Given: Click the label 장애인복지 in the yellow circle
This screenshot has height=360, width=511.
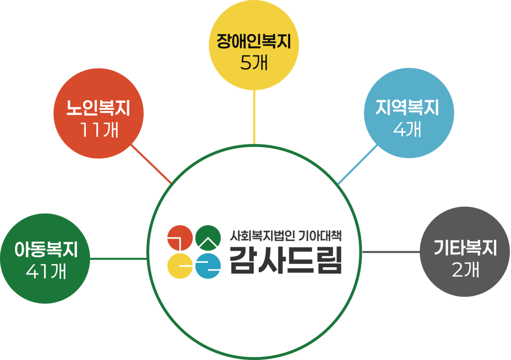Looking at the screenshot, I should pyautogui.click(x=254, y=42).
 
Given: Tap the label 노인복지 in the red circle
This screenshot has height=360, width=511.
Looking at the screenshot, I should pyautogui.click(x=98, y=109).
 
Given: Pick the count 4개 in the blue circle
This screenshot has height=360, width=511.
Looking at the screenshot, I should pyautogui.click(x=408, y=129).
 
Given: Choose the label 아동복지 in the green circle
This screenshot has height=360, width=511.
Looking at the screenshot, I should pyautogui.click(x=46, y=251).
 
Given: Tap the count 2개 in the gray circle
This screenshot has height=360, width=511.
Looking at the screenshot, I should pyautogui.click(x=465, y=270).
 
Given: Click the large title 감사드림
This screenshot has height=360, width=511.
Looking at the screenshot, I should pyautogui.click(x=286, y=260).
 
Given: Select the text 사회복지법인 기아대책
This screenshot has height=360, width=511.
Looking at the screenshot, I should pyautogui.click(x=286, y=236).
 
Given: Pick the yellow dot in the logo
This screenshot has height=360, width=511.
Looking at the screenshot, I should pyautogui.click(x=180, y=266).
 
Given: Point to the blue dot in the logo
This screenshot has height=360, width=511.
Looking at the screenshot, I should pyautogui.click(x=208, y=266).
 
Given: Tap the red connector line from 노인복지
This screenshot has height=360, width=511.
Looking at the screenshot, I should pyautogui.click(x=152, y=164).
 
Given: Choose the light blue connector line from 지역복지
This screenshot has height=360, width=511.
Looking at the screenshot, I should pyautogui.click(x=357, y=165).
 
